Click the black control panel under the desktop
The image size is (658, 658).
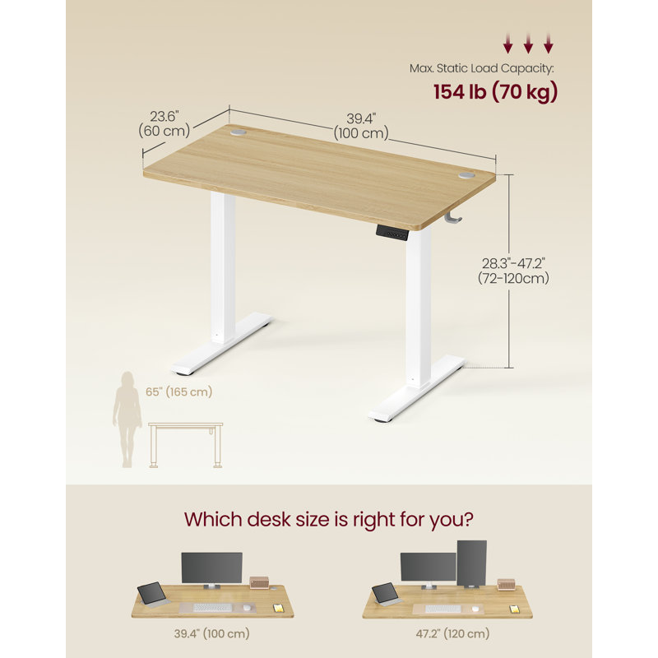coord(392,233)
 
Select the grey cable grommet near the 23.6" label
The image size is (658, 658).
coord(238,132)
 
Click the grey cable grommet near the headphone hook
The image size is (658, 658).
coord(466,174)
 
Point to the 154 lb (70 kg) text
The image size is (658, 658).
coord(496,92)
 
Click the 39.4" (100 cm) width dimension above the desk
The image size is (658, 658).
coord(361,126)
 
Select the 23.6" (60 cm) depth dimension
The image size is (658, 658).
coord(164,123)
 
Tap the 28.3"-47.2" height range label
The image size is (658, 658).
coord(513,271)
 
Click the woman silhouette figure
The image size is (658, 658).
coord(127,419)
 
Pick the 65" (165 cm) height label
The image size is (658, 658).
coord(179,392)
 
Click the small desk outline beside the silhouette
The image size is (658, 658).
coord(186,445)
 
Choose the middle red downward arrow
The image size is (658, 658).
coord(528,44)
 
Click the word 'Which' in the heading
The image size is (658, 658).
coord(213,519)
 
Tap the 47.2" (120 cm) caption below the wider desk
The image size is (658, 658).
coord(453,633)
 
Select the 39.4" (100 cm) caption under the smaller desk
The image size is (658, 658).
coord(212,633)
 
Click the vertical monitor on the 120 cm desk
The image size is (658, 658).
coord(471,563)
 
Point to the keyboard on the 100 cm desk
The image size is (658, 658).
coord(213,607)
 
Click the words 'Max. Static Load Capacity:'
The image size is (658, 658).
coord(481,68)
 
